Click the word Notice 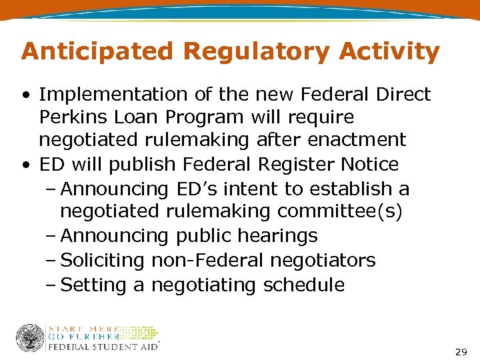[370, 164]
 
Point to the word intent [237, 189]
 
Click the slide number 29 [461, 351]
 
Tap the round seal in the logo [30, 338]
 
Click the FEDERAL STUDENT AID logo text [103, 347]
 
